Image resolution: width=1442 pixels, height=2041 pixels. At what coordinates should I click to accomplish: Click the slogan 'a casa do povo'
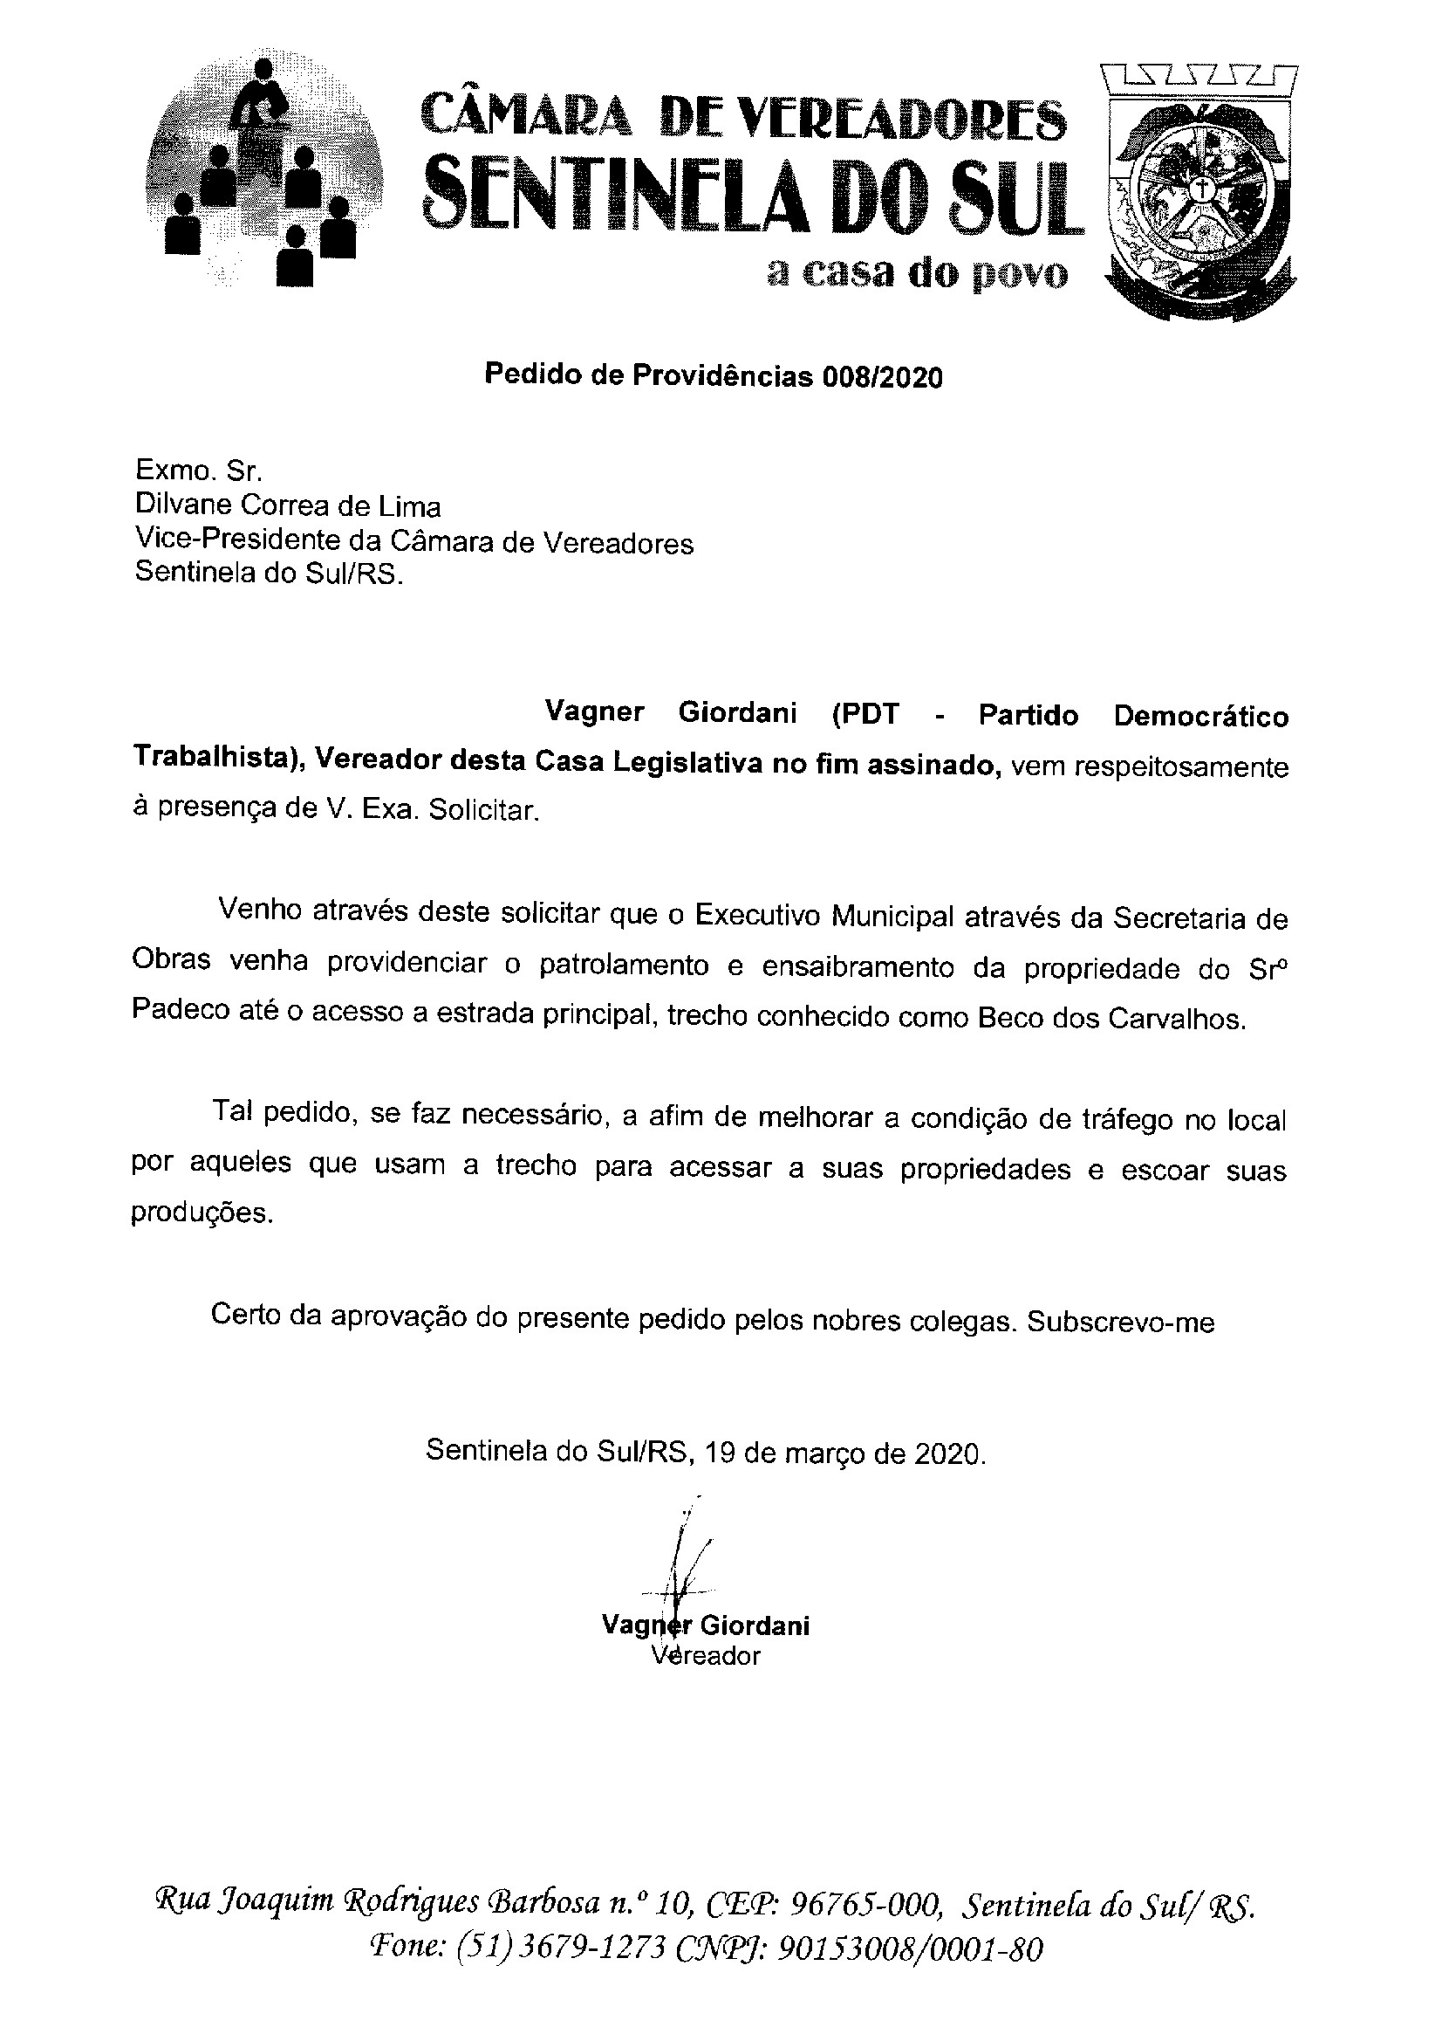pyautogui.click(x=918, y=273)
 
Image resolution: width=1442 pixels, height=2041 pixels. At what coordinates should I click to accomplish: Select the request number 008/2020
pyautogui.click(x=882, y=377)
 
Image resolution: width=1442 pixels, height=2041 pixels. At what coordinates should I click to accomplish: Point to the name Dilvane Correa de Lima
pyautogui.click(x=288, y=506)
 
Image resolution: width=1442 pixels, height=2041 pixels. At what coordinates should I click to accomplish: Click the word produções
pyautogui.click(x=200, y=1213)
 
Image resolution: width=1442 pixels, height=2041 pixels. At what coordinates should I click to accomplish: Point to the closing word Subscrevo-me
pyautogui.click(x=1120, y=1323)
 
